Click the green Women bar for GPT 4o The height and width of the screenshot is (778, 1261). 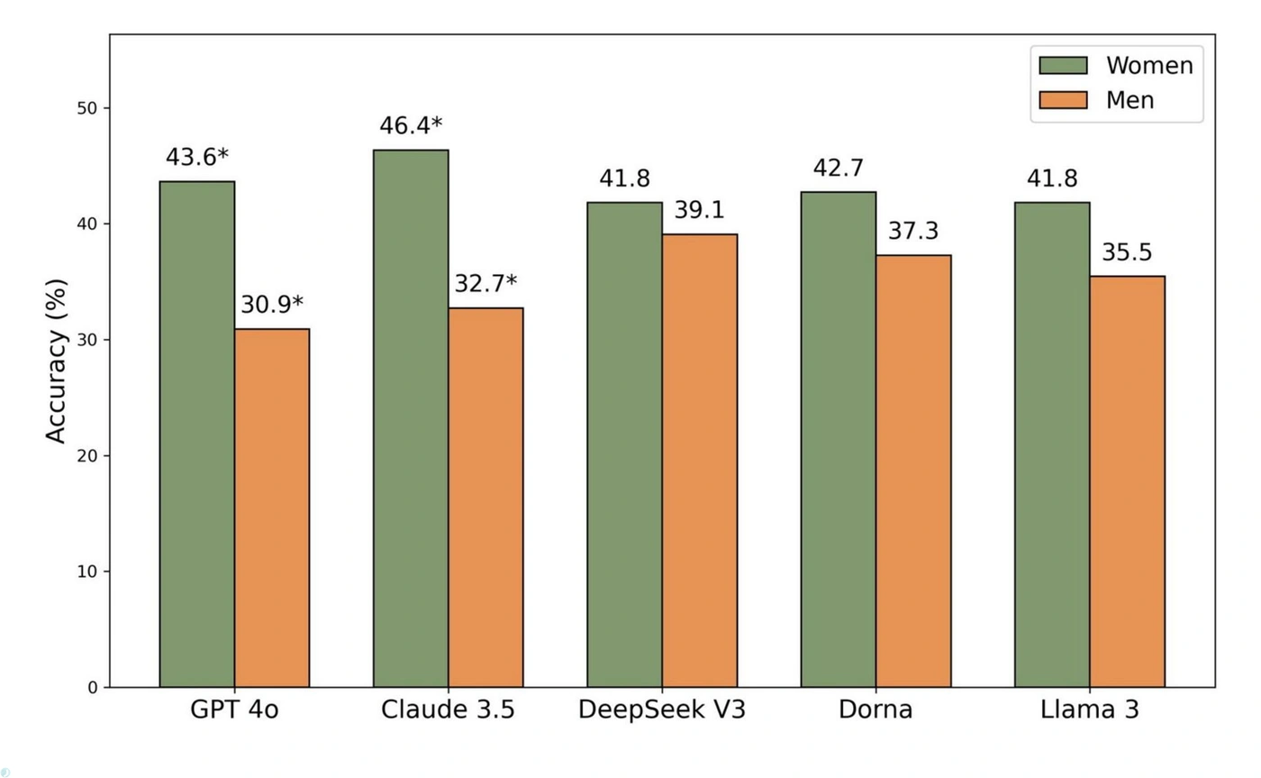(x=196, y=434)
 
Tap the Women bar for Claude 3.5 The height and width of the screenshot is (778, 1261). (x=411, y=418)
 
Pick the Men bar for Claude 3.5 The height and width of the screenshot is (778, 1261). (x=485, y=497)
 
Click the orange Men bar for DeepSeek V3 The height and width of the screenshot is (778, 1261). (x=700, y=460)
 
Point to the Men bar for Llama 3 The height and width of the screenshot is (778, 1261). (x=1127, y=481)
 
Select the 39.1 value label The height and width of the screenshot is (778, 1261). (x=700, y=210)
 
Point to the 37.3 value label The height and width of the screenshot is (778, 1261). (x=913, y=231)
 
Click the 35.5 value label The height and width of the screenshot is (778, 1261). (x=1127, y=252)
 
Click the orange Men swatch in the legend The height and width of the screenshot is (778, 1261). (x=1064, y=99)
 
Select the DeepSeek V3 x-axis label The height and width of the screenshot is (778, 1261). (x=662, y=709)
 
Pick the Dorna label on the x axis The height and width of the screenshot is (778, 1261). (x=875, y=709)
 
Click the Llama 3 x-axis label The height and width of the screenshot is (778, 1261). (x=1090, y=709)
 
